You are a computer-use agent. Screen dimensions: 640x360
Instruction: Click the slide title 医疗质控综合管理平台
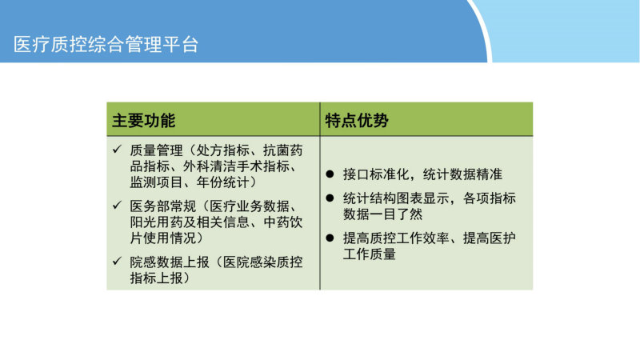point(106,44)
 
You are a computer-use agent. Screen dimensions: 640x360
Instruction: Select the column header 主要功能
point(144,121)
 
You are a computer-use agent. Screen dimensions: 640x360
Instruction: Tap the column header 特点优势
point(357,121)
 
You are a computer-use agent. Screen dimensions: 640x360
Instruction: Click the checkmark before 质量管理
point(117,149)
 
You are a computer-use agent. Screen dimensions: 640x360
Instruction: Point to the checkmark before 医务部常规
point(117,205)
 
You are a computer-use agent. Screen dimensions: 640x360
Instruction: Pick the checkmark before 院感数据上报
point(117,261)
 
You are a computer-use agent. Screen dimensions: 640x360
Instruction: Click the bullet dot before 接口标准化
point(330,174)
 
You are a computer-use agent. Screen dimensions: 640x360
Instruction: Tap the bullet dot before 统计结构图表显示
point(330,198)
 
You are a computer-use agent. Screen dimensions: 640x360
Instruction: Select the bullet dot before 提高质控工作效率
point(330,238)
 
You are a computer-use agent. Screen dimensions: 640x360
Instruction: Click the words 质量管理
point(156,150)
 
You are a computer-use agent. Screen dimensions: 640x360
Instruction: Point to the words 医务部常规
point(163,206)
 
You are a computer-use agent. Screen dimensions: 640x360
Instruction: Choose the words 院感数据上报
point(170,262)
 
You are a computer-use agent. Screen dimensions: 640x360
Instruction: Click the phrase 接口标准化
point(375,174)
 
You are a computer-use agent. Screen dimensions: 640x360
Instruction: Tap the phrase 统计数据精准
point(462,174)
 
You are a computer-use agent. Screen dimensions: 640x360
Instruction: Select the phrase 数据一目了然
point(382,214)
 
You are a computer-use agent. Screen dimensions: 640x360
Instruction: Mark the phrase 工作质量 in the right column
point(370,254)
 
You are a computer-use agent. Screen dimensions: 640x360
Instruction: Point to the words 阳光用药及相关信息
point(190,222)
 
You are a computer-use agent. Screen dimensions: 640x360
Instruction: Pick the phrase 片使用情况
point(163,238)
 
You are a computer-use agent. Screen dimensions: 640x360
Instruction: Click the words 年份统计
point(223,182)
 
